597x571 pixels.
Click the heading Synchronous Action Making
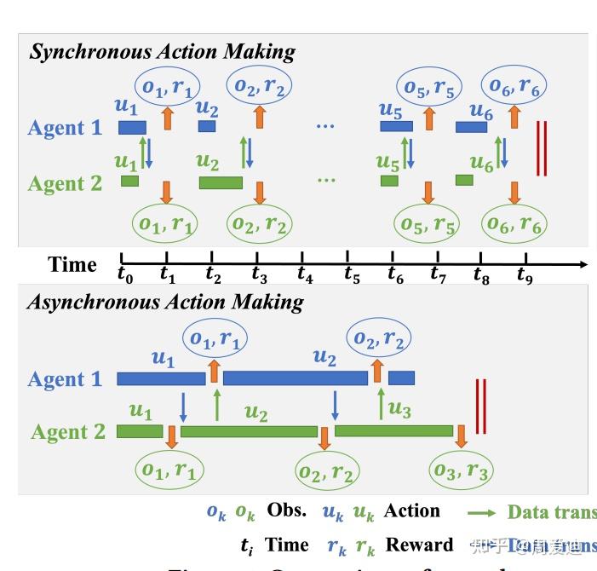162,51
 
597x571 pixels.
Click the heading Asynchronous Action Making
165,302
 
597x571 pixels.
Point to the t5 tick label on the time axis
352,274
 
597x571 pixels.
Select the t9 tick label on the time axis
525,274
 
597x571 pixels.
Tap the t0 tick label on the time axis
126,274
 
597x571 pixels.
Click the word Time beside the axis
72,264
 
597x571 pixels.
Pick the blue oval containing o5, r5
428,86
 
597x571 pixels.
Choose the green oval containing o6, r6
514,224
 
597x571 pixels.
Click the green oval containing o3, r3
461,470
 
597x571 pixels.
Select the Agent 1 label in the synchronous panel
65,128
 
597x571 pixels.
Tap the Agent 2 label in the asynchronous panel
68,431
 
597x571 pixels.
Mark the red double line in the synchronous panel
541,148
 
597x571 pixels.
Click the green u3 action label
399,410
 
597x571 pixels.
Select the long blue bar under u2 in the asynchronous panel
295,378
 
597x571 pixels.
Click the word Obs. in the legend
286,510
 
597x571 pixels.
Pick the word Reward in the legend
419,545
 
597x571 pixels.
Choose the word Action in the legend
411,510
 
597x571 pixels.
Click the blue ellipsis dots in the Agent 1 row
325,126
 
